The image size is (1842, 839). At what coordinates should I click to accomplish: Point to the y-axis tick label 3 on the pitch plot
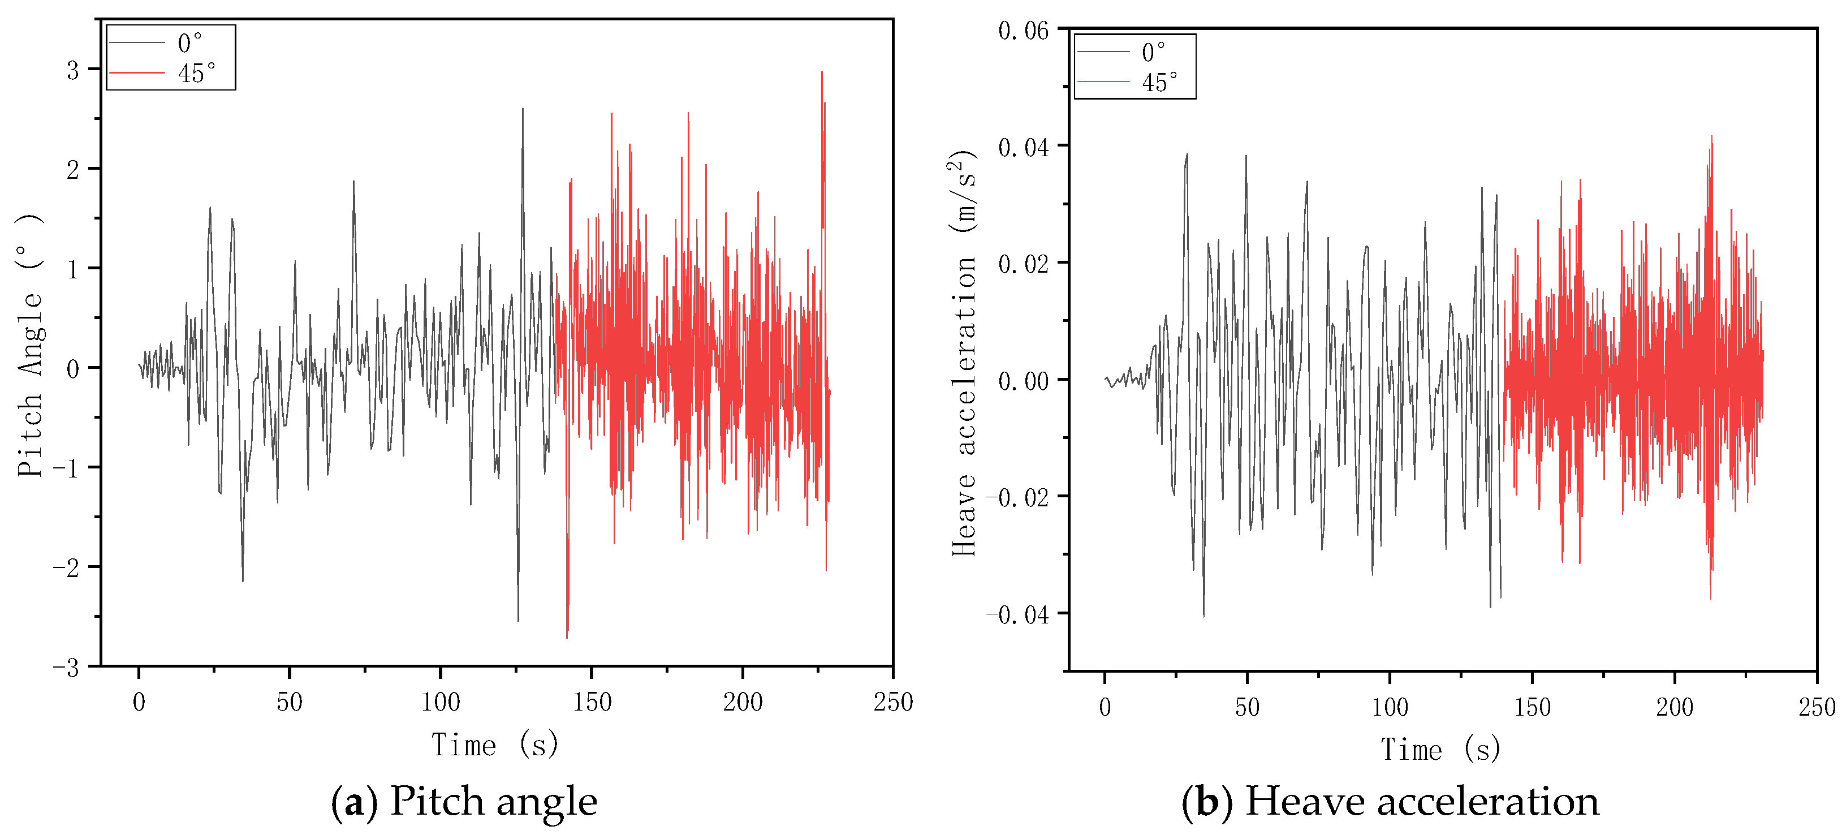72,71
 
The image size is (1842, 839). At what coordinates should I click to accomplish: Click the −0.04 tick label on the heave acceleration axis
1017,614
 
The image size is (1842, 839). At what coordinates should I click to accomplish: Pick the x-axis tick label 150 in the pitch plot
592,703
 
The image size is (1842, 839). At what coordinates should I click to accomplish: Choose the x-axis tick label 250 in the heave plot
1816,707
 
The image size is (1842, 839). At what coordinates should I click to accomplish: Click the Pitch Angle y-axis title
31,346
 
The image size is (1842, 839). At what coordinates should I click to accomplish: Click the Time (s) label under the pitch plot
494,745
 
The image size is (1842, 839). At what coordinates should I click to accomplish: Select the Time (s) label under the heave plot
1439,750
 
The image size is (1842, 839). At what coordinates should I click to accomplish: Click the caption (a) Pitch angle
463,801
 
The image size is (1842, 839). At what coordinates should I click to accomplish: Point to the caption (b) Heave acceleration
1390,801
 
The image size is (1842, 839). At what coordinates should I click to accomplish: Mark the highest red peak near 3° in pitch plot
822,73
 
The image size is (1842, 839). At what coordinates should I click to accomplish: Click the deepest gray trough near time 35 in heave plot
1203,614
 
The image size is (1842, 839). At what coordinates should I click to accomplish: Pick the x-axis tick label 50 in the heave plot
1246,707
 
